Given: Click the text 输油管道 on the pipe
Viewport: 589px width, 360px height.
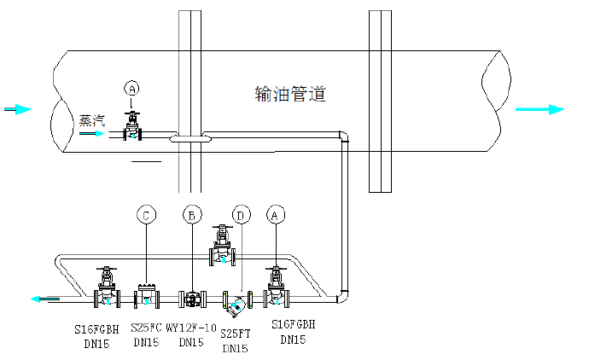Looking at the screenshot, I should (290, 93).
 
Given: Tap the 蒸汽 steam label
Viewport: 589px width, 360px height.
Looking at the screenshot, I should (91, 121).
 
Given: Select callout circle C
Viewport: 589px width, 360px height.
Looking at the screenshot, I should (148, 217).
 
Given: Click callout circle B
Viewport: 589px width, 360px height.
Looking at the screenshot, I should (194, 217).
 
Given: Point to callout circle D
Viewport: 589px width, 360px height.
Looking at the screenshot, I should (241, 217).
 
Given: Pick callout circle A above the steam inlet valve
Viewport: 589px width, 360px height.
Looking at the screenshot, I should (131, 88).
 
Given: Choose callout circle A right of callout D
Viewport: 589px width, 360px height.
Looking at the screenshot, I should (275, 217).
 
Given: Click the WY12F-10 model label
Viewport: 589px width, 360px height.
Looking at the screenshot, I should (190, 327).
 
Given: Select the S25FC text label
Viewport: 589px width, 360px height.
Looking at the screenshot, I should (146, 327).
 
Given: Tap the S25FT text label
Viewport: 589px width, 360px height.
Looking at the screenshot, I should (235, 334).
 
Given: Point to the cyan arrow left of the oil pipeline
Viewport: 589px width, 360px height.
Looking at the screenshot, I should (19, 109).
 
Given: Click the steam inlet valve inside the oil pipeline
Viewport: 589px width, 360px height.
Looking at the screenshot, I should (131, 129).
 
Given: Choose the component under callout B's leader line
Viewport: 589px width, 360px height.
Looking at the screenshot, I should (194, 299).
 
